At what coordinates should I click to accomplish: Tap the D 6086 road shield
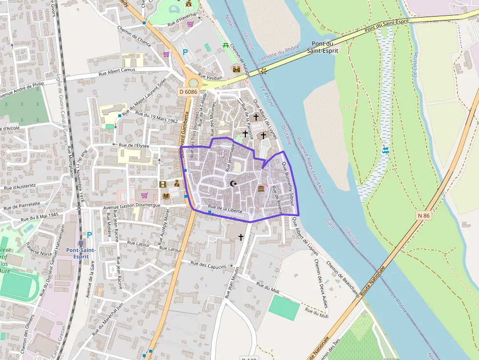coord(188,91)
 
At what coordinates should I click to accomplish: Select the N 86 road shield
coord(424,215)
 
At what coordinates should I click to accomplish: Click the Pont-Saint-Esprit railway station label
coord(81,253)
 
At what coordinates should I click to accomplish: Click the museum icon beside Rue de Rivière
coord(261,189)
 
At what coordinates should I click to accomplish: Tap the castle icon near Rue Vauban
coord(237,69)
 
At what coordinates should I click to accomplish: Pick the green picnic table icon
coord(225,45)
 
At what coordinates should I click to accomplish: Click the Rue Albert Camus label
coord(118,72)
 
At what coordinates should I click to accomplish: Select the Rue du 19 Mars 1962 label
coord(156,117)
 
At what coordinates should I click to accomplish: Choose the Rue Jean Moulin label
coord(232,283)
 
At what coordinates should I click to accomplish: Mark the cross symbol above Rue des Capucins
coord(240,237)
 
